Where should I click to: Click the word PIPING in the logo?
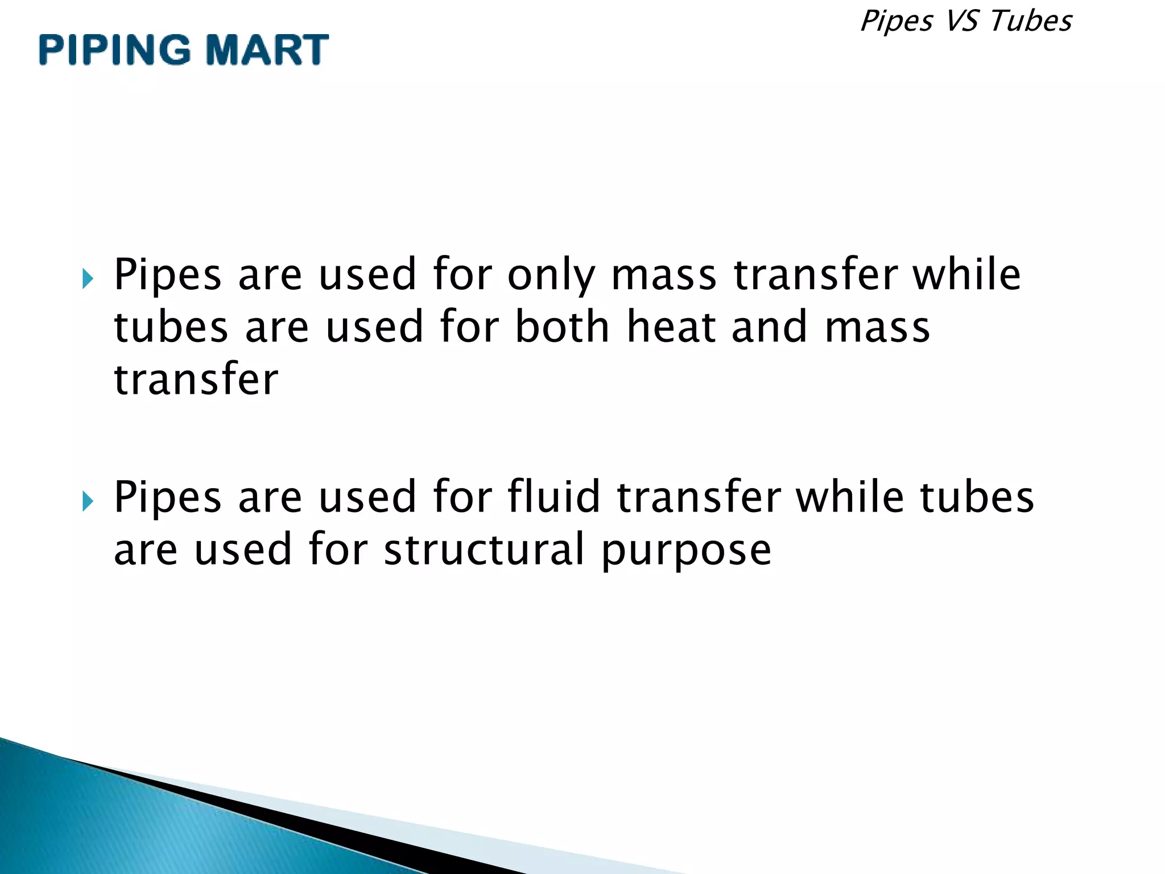114,50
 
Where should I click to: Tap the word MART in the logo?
267,50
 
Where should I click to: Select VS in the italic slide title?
961,22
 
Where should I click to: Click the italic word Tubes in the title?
1031,22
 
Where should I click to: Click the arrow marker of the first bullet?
87,278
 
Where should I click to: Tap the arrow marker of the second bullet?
87,501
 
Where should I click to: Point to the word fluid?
553,497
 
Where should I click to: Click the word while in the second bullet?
849,497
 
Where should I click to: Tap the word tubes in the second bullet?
977,497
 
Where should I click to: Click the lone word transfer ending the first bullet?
196,380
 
